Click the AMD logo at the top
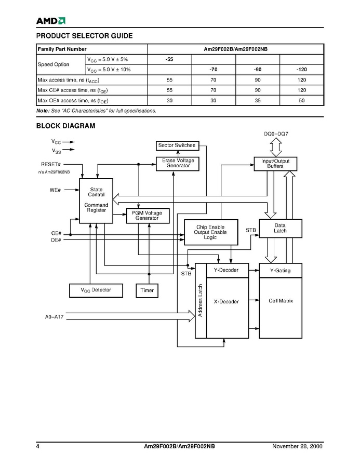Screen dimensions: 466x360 [50, 21]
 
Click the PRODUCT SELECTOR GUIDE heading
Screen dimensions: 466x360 [84, 36]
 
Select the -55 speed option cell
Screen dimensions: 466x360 [169, 59]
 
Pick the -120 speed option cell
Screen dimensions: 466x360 [301, 69]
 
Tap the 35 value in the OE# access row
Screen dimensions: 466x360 [258, 100]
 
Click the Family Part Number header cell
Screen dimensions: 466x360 [62, 49]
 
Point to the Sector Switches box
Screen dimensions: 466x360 [177, 145]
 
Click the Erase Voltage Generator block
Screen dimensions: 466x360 [178, 163]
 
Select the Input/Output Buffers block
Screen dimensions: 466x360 [275, 164]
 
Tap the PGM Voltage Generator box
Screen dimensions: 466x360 [147, 216]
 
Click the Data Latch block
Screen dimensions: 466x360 [280, 228]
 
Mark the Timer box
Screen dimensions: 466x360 [147, 290]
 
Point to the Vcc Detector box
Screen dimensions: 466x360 [96, 290]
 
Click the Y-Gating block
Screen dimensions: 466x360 [280, 271]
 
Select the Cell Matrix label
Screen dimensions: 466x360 [281, 301]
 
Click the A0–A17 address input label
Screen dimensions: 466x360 [52, 316]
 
